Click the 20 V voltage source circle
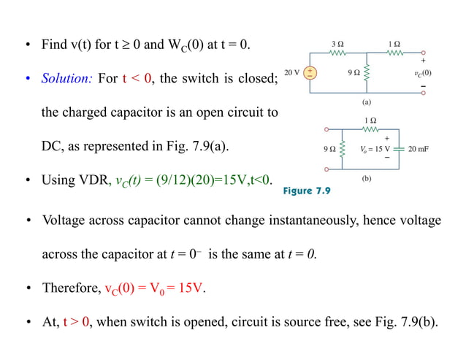[x=310, y=73]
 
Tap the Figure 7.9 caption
[x=307, y=191]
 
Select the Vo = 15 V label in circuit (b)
[x=374, y=149]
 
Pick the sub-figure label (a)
[x=369, y=103]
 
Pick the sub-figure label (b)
[x=369, y=177]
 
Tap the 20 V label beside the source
[x=291, y=73]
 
